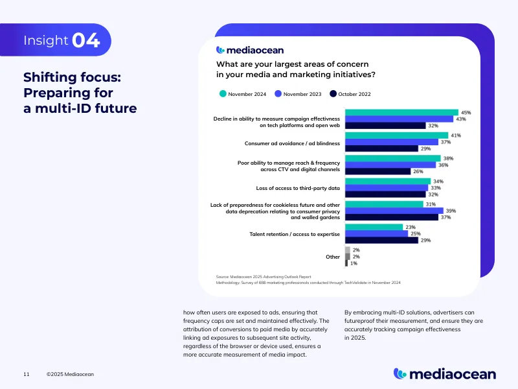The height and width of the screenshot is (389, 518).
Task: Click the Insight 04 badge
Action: (62, 40)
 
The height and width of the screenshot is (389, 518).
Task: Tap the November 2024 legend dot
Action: (223, 94)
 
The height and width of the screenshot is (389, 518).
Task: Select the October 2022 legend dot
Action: (333, 94)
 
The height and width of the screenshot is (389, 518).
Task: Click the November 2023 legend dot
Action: (278, 94)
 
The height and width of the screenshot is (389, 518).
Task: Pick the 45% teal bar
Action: (401, 112)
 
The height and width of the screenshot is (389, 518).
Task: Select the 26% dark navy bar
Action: (378, 172)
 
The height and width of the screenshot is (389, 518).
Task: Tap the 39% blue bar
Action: (394, 211)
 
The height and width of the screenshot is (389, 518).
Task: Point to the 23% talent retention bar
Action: (374, 227)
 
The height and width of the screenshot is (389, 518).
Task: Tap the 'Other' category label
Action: (333, 257)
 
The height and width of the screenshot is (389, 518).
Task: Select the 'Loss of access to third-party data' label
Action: (298, 187)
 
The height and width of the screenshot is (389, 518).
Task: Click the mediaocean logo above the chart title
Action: (250, 50)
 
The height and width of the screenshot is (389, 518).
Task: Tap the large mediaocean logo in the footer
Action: (445, 373)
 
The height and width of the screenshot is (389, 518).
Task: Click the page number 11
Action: (26, 374)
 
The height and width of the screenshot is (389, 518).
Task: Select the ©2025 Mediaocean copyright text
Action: (71, 374)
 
